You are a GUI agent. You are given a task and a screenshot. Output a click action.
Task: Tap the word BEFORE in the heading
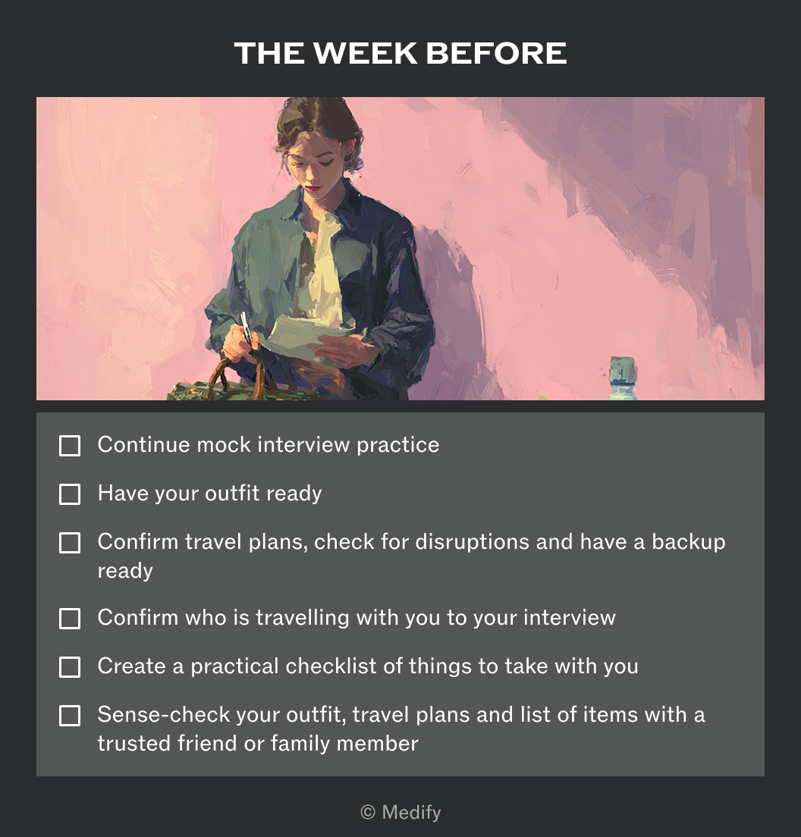click(496, 53)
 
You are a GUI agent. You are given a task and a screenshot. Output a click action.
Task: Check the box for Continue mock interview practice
click(70, 446)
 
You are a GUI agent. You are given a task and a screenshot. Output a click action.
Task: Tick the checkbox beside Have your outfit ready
click(70, 494)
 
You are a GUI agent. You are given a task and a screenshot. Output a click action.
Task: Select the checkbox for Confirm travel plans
click(70, 543)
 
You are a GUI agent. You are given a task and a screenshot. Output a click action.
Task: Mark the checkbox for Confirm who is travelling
click(70, 619)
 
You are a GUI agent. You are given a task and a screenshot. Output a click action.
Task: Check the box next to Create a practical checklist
click(70, 667)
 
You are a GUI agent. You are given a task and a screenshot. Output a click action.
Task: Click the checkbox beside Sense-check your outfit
click(70, 716)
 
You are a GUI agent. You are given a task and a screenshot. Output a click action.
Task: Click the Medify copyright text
click(400, 813)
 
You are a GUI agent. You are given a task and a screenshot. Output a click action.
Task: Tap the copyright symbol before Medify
click(367, 813)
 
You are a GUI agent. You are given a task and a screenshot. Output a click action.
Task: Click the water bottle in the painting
click(624, 378)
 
